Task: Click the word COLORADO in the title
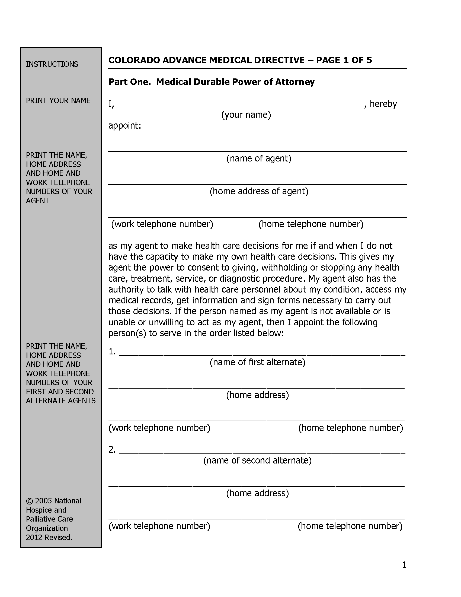point(134,60)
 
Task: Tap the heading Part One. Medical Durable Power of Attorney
point(212,82)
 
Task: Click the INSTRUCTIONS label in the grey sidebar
point(52,64)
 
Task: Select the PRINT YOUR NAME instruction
point(58,101)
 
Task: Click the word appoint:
point(124,126)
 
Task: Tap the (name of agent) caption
point(259,158)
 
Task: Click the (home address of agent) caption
point(259,191)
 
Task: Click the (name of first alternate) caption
point(257,362)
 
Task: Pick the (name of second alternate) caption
point(257,461)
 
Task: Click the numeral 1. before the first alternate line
point(112,351)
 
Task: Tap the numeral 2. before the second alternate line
point(112,450)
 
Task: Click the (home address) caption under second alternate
point(257,493)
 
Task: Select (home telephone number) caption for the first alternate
point(350,428)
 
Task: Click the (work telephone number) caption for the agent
point(162,224)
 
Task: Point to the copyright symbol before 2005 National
point(29,501)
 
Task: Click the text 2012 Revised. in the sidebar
point(49,537)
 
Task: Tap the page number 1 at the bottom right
point(404,565)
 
